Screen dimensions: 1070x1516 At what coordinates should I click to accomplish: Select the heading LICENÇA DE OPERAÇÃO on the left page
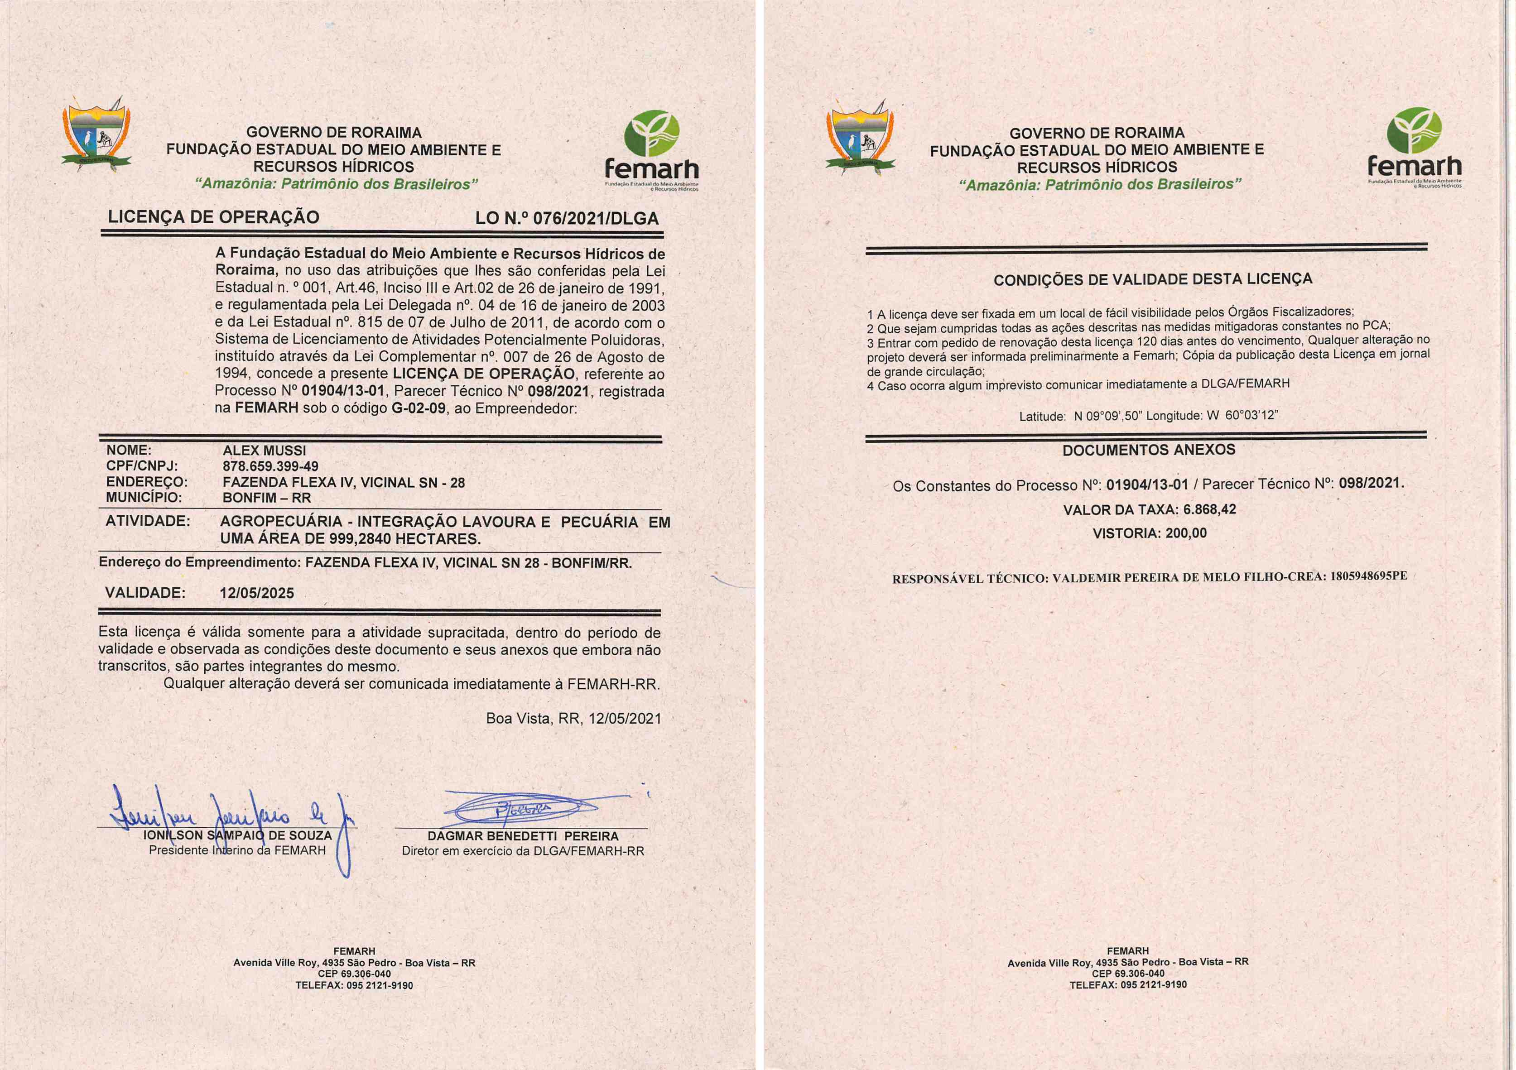(213, 217)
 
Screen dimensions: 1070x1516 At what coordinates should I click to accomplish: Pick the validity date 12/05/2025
(257, 593)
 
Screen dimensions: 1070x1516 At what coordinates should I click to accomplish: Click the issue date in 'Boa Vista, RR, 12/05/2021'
(625, 718)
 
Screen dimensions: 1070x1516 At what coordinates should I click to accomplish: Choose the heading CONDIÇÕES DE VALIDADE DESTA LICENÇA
(1153, 280)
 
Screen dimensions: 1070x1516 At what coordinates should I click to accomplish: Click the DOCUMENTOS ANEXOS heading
(1148, 450)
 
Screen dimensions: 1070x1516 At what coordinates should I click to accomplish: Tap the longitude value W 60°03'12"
(1242, 416)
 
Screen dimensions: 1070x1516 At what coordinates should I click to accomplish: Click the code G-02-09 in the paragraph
(419, 408)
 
